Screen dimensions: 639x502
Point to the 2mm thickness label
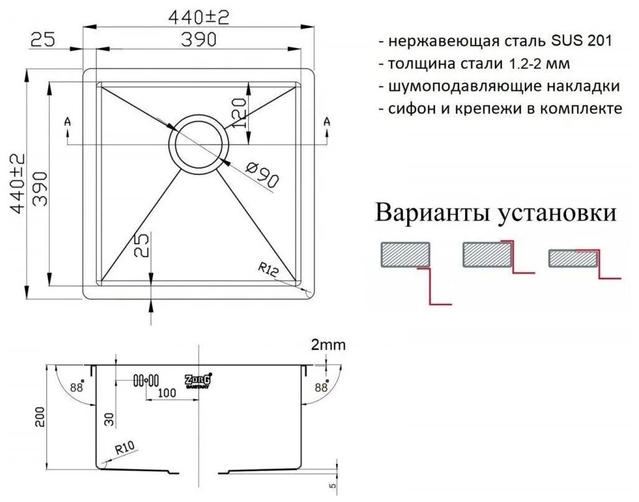[x=327, y=344]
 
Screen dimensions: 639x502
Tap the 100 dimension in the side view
[x=167, y=392]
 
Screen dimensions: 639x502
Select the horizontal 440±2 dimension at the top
[x=198, y=19]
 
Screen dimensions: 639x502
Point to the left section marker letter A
[x=67, y=122]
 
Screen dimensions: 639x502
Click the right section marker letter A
[x=327, y=122]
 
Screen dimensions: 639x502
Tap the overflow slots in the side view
[x=145, y=380]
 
